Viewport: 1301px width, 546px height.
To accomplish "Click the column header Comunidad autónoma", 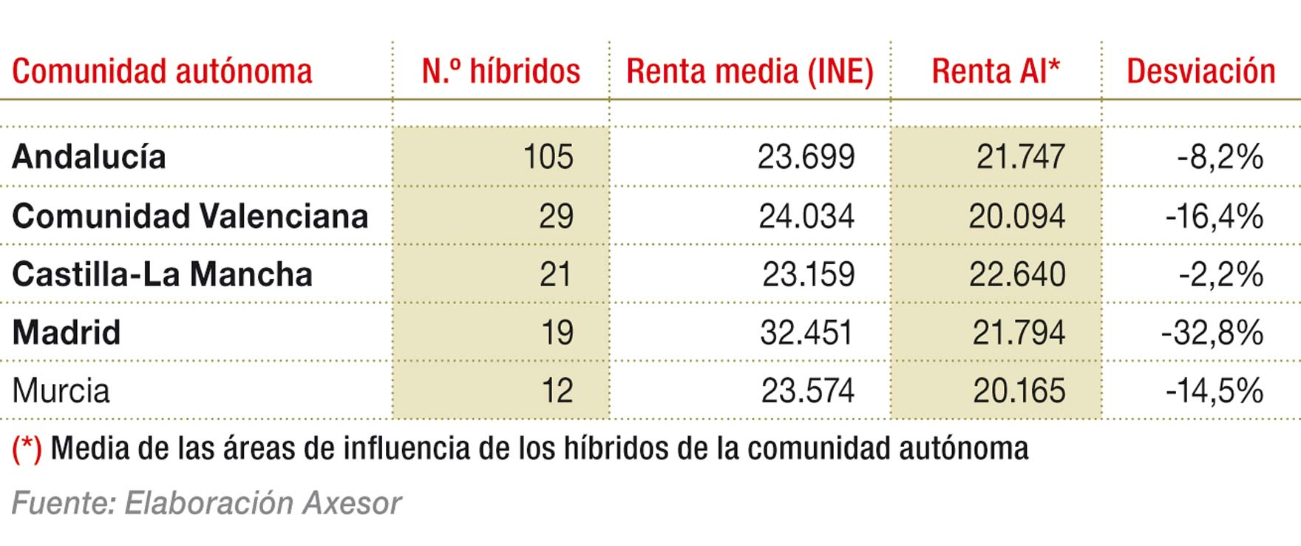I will (162, 72).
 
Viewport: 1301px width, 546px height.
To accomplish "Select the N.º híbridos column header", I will (500, 72).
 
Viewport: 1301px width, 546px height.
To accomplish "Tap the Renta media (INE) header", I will (750, 72).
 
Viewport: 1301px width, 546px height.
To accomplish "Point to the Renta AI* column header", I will (996, 72).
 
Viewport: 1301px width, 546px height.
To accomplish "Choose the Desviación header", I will (1200, 72).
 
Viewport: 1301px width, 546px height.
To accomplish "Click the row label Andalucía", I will (89, 157).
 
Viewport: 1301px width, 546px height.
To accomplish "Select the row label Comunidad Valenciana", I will (190, 216).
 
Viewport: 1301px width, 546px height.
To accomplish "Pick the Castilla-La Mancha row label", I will (162, 274).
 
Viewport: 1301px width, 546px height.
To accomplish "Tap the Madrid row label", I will (67, 332).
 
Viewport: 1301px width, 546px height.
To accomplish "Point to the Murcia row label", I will (61, 391).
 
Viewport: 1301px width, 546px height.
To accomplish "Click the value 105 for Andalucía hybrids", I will (548, 157).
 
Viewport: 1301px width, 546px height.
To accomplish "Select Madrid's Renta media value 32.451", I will (806, 332).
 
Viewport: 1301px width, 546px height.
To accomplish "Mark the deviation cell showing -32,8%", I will (1212, 332).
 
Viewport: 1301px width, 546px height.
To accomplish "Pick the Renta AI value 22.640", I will (1017, 274).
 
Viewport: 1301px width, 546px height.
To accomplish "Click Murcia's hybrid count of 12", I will (557, 391).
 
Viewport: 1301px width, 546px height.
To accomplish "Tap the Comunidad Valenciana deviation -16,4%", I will (1214, 216).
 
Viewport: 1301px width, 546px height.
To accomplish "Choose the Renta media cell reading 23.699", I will (806, 157).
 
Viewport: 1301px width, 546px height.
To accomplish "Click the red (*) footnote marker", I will (27, 448).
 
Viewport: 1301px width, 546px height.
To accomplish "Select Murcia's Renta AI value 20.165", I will (1019, 391).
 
